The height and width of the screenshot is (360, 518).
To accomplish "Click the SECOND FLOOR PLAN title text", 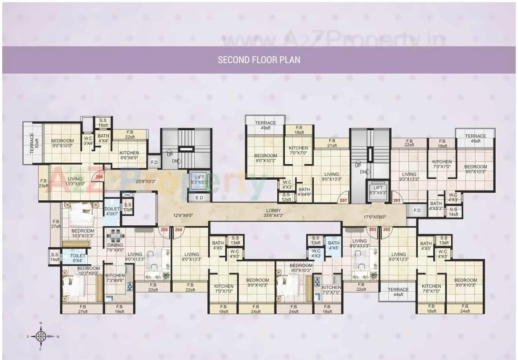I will click(259, 60).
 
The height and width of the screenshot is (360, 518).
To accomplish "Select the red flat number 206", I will click(99, 177).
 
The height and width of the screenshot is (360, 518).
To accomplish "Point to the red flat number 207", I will click(343, 201).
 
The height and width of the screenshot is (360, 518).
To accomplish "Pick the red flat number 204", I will click(178, 230).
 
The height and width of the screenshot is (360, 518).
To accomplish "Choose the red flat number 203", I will click(373, 230).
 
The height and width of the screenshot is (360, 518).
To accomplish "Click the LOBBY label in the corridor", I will click(274, 212).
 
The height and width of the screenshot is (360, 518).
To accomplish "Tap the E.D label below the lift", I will click(199, 198).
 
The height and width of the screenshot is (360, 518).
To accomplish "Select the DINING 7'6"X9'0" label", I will click(115, 248).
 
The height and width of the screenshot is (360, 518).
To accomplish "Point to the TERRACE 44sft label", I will click(398, 292).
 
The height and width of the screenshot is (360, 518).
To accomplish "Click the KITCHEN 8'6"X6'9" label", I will click(129, 155).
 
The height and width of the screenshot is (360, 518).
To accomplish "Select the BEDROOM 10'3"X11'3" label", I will click(82, 233).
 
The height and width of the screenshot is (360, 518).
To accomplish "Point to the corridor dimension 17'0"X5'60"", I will click(374, 217).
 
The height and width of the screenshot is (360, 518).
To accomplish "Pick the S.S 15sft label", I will click(103, 123).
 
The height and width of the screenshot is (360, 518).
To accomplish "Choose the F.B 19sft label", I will click(119, 309).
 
